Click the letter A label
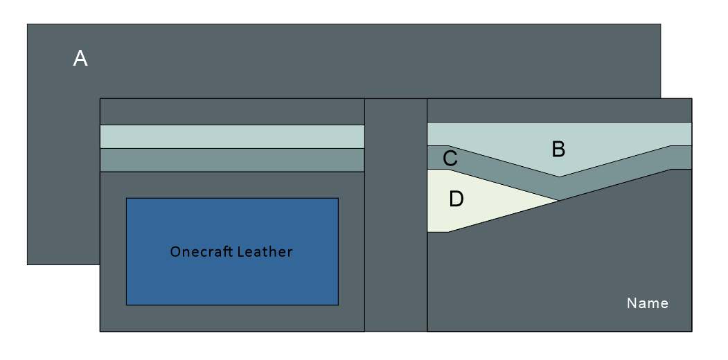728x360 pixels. click(80, 60)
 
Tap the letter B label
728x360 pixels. click(558, 149)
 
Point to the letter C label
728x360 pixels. click(450, 159)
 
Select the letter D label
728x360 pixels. click(456, 199)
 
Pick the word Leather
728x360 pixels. click(265, 252)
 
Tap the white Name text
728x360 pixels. click(647, 303)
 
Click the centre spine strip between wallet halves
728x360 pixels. click(396, 215)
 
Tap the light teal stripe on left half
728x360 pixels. click(232, 136)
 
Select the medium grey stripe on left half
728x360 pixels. click(232, 160)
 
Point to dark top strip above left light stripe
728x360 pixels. click(232, 111)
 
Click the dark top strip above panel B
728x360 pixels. click(559, 110)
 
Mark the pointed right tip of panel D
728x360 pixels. click(557, 201)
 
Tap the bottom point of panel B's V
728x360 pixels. click(560, 176)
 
